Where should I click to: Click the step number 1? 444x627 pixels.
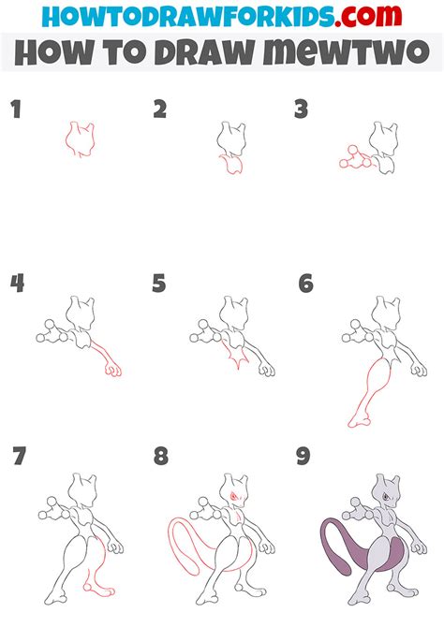pos(15,110)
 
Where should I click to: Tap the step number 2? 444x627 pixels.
pos(160,110)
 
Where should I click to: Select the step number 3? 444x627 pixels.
pos(301,110)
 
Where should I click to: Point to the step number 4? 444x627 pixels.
pos(16,284)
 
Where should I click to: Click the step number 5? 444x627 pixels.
pos(159,284)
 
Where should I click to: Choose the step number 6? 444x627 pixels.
pos(305,284)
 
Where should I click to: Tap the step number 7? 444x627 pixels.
pos(20,458)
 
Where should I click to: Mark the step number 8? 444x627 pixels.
pos(161,458)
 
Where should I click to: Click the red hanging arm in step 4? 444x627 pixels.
pos(109,359)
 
